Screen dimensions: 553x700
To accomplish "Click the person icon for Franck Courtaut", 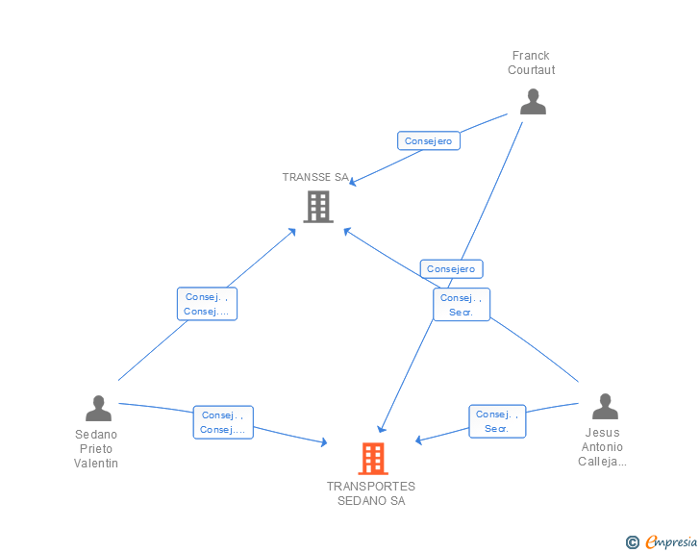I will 532,101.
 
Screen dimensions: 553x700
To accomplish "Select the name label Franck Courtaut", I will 532,63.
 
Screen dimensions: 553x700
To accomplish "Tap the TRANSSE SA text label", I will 315,177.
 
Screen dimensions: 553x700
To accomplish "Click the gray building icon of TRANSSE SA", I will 318,206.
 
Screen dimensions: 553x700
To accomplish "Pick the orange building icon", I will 372,458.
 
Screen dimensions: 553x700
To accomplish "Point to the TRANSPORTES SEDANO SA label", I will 371,493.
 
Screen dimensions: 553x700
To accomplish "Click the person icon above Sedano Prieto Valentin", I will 98,408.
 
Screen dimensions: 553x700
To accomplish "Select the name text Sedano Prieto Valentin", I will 96,448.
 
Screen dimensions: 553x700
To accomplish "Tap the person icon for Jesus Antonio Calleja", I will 604,406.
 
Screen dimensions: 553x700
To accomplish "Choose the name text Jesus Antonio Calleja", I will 603,447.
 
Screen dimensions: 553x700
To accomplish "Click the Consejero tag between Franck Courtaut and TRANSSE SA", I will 429,140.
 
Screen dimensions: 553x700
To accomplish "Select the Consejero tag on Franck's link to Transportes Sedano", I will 451,269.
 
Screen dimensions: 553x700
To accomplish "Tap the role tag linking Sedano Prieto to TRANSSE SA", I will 207,304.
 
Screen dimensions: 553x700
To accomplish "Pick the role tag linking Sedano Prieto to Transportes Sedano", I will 223,422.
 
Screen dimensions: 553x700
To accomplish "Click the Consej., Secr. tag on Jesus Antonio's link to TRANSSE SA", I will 462,305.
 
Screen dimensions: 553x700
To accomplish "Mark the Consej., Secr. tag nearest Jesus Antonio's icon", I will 497,421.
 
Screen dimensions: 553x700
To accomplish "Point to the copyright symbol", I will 632,542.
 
